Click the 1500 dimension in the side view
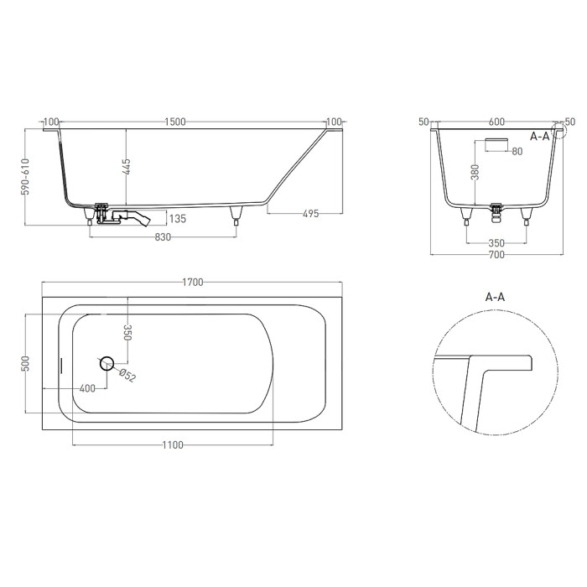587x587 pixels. tap(175, 122)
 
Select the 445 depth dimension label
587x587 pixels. tap(126, 167)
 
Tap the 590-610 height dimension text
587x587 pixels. tap(25, 177)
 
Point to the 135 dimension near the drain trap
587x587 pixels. tap(178, 219)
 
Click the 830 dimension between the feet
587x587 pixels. tap(163, 237)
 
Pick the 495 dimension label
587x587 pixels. tap(310, 214)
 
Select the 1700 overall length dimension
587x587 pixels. tap(192, 282)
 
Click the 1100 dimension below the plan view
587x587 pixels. tap(173, 444)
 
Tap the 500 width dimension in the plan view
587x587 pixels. tap(25, 363)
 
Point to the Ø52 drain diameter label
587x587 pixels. tap(127, 376)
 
